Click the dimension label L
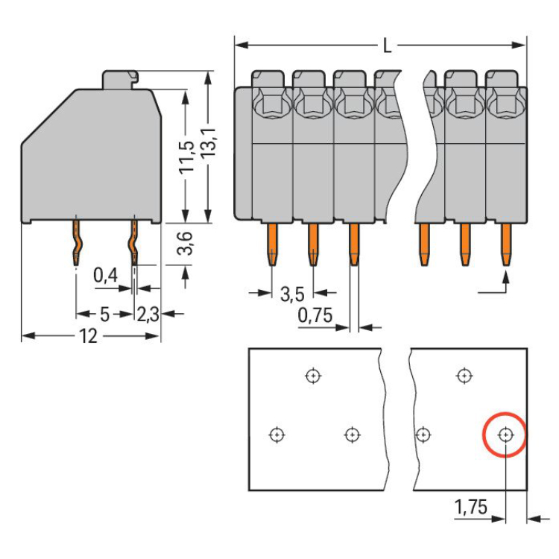(x=386, y=46)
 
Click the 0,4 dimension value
(x=105, y=276)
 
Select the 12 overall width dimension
(x=88, y=336)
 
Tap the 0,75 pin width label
(x=315, y=315)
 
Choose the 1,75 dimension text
(x=471, y=508)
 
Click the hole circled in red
(x=505, y=434)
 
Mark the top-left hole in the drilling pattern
(x=313, y=375)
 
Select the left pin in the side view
(x=77, y=241)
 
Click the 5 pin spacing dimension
(x=104, y=315)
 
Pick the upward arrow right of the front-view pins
(x=506, y=282)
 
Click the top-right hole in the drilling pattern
(x=464, y=375)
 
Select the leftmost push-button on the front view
(x=267, y=81)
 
